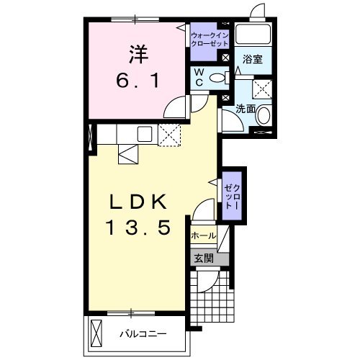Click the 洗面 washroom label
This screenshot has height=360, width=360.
pyautogui.click(x=246, y=109)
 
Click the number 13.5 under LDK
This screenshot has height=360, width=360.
pyautogui.click(x=138, y=228)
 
